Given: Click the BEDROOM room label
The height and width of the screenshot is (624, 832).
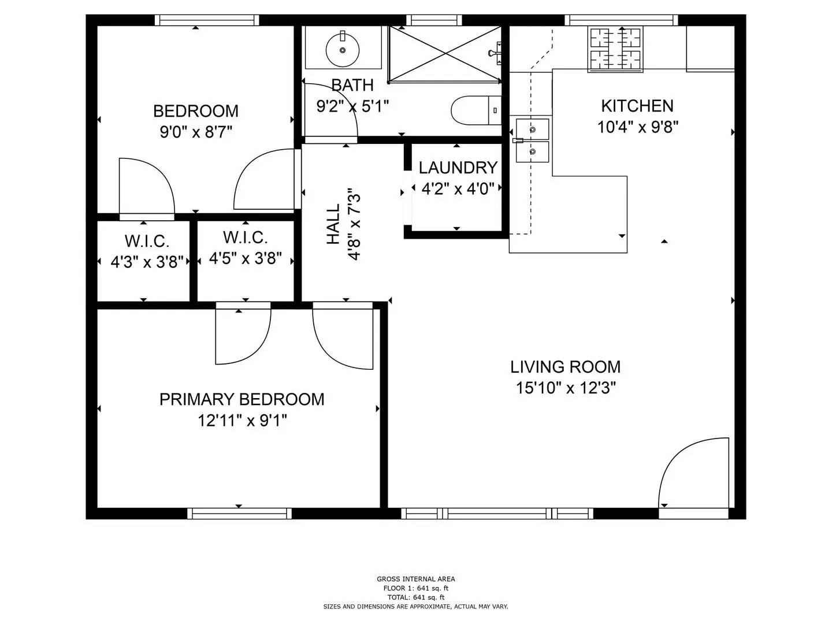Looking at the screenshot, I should point(195,110).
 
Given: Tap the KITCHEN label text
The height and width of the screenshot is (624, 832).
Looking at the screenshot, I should point(637,106).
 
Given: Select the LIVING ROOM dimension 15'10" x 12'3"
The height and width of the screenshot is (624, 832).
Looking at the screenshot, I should point(566,388).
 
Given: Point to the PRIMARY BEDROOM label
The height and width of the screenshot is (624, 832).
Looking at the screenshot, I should point(242,399).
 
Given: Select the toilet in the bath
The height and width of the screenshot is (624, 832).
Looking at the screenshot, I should point(476,110).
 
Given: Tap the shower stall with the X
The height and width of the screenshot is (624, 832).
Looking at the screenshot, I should point(445,54).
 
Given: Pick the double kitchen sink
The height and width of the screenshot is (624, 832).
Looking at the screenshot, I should point(532,140).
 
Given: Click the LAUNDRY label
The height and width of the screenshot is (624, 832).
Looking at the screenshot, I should point(458,168).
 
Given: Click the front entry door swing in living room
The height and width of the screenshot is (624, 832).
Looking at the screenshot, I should point(691,474).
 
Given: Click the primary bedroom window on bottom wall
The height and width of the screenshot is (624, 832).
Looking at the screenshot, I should point(239,513).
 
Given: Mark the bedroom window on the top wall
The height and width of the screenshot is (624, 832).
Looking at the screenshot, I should point(206,20).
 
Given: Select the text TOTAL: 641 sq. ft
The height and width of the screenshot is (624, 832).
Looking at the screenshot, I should point(415,597).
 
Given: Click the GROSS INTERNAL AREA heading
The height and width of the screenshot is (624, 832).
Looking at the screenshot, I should point(415,578).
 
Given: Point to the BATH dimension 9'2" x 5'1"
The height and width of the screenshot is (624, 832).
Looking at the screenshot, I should point(352,106).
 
